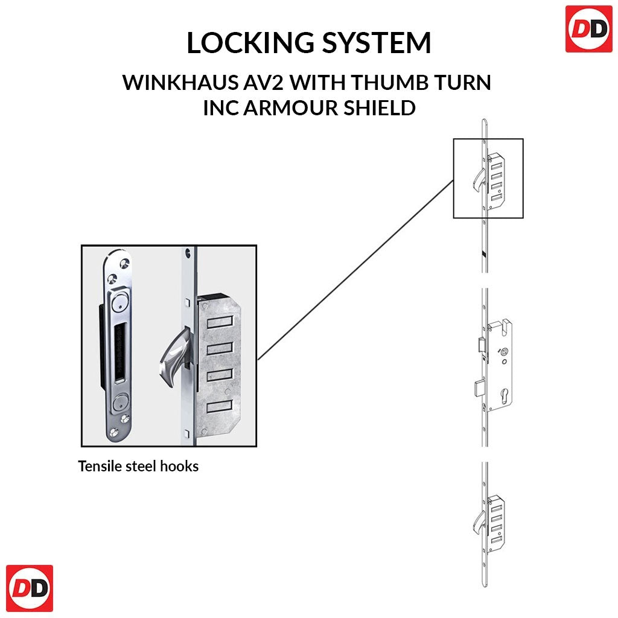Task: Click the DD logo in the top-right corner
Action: (x=588, y=28)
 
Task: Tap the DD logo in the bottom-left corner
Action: (x=29, y=588)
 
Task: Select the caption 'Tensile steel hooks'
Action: (x=138, y=467)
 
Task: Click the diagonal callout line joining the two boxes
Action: (x=356, y=269)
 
